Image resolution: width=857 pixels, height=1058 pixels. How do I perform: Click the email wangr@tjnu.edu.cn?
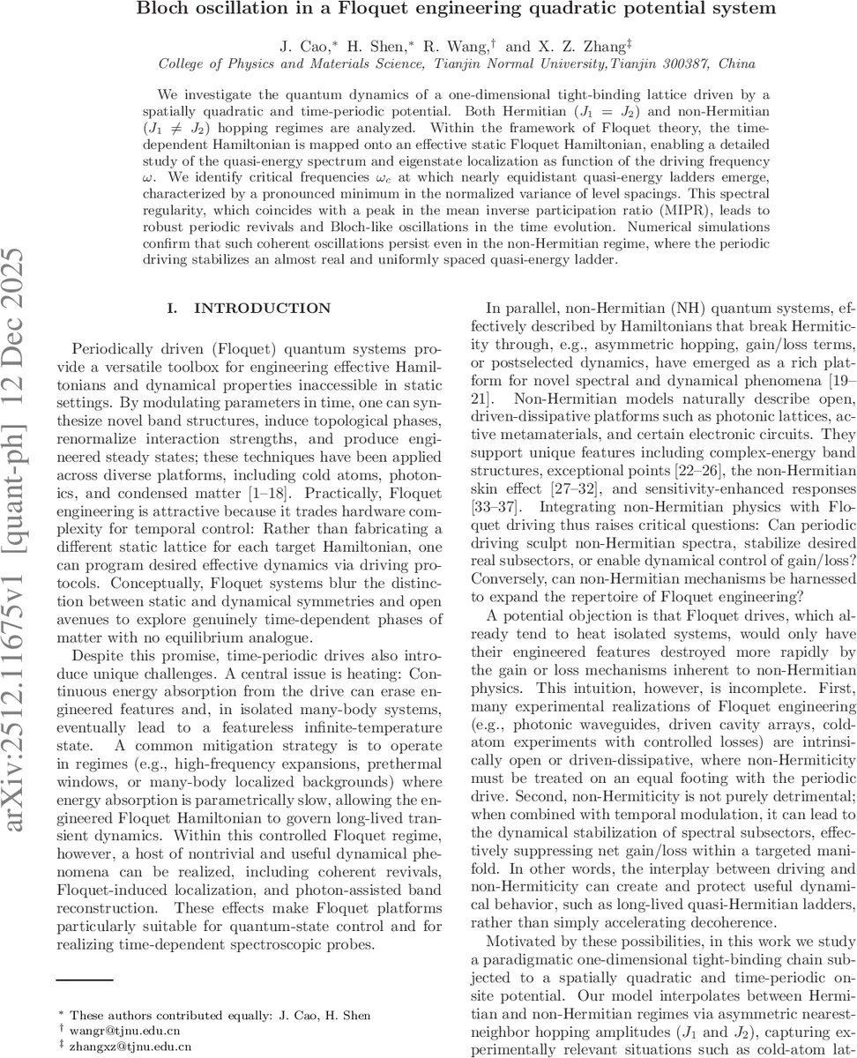click(x=120, y=1028)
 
